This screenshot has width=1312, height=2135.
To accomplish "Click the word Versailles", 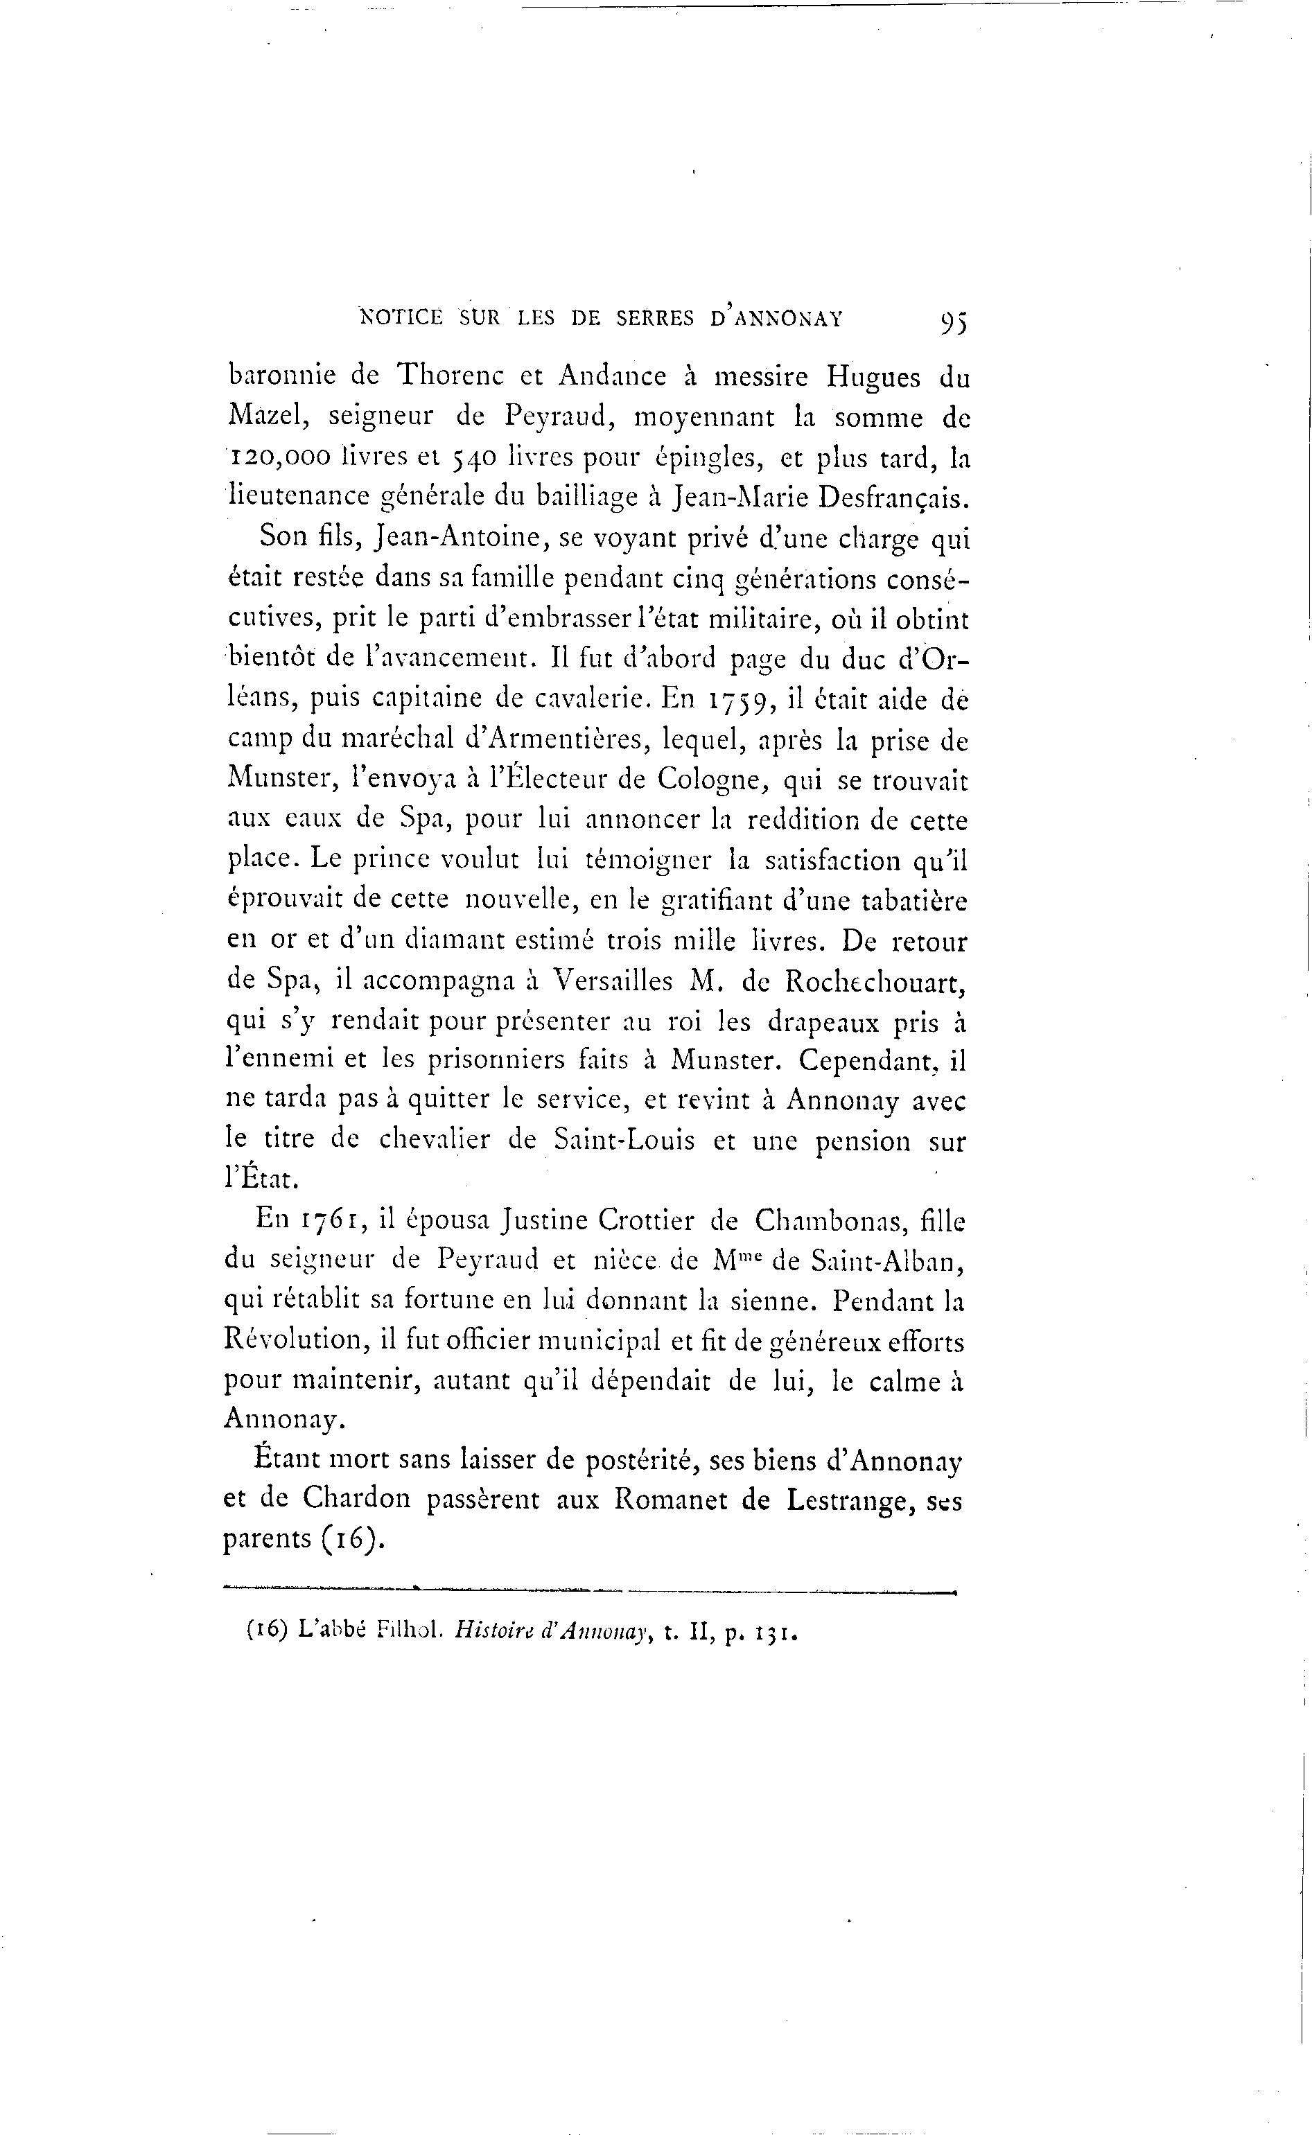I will tap(613, 981).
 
